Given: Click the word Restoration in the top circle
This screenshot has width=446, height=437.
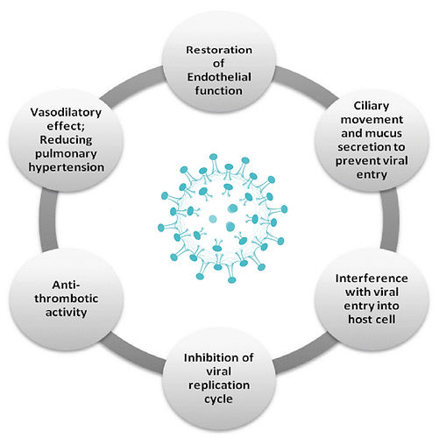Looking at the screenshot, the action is pos(219,50).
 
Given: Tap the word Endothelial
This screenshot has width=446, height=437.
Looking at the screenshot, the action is pos(219,77).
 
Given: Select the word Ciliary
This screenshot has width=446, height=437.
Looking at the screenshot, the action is pos(372,106).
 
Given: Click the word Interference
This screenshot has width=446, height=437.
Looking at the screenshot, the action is pos(372,278).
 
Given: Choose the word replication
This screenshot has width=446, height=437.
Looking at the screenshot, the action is pos(219,385).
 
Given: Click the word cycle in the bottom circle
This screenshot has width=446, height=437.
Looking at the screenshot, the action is pos(218,399).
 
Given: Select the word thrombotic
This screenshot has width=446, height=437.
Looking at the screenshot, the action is pos(67,299).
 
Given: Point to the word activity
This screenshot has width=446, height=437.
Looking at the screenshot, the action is pos(66,313).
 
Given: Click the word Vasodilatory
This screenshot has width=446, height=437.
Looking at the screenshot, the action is pos(66,112).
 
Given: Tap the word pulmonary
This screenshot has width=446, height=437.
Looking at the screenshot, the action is pos(66,154).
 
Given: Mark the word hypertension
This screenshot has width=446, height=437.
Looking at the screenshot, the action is pos(67,167).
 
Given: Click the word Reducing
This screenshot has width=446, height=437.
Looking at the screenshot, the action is pos(66,140).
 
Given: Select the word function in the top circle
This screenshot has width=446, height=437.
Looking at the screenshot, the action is pos(219,90).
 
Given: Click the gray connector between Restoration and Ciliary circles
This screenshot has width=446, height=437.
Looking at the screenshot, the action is pos(307,82).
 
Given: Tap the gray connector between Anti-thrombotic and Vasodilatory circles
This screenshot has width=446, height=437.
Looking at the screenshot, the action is pos(49,221).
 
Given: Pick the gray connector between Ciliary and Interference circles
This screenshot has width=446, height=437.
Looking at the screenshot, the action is pos(390,220).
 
